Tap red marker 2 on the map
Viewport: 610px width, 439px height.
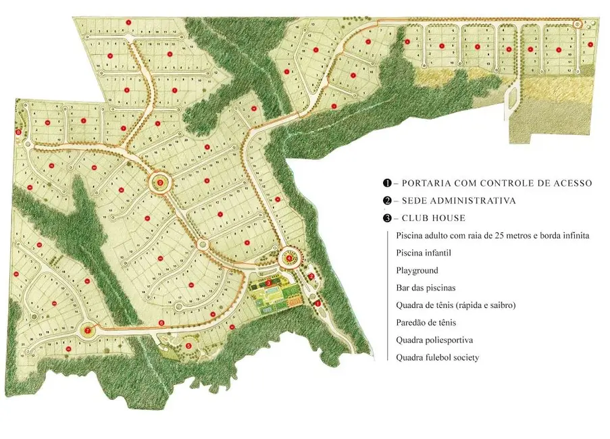(311, 276)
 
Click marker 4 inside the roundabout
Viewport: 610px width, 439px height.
(289, 258)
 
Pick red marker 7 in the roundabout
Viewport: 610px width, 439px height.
(87, 330)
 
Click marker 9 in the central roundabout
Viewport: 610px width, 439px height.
(160, 182)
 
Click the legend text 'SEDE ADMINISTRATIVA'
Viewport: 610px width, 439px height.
(459, 201)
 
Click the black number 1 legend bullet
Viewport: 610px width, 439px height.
(387, 183)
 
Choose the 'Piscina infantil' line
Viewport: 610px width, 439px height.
(424, 253)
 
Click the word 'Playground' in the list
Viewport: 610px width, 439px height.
(417, 270)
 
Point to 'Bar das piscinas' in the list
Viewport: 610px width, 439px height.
(426, 288)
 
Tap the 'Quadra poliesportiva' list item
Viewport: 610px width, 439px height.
(434, 340)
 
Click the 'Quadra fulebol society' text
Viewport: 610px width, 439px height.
(438, 357)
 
